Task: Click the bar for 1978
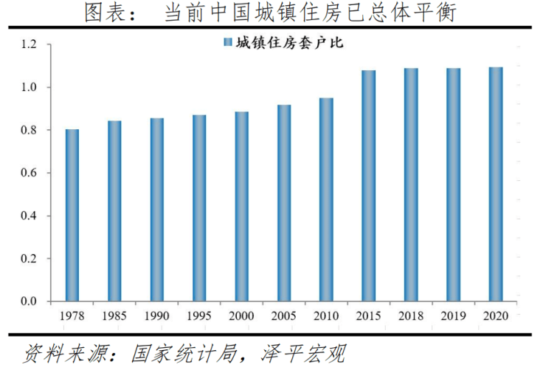[x=72, y=215]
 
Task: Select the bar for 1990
[x=156, y=209]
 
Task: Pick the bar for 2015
[x=369, y=185]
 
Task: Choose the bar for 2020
[x=496, y=184]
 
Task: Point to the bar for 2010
[x=326, y=199]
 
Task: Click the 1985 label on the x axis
[x=114, y=316]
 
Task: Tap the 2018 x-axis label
[x=411, y=316]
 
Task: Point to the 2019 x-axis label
[x=453, y=316]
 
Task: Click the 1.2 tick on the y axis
[x=29, y=45]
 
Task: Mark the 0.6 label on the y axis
[x=29, y=173]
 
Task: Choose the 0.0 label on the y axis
[x=29, y=301]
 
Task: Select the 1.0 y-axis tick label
[x=29, y=88]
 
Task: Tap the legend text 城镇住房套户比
[x=289, y=43]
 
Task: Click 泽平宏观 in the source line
[x=304, y=355]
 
